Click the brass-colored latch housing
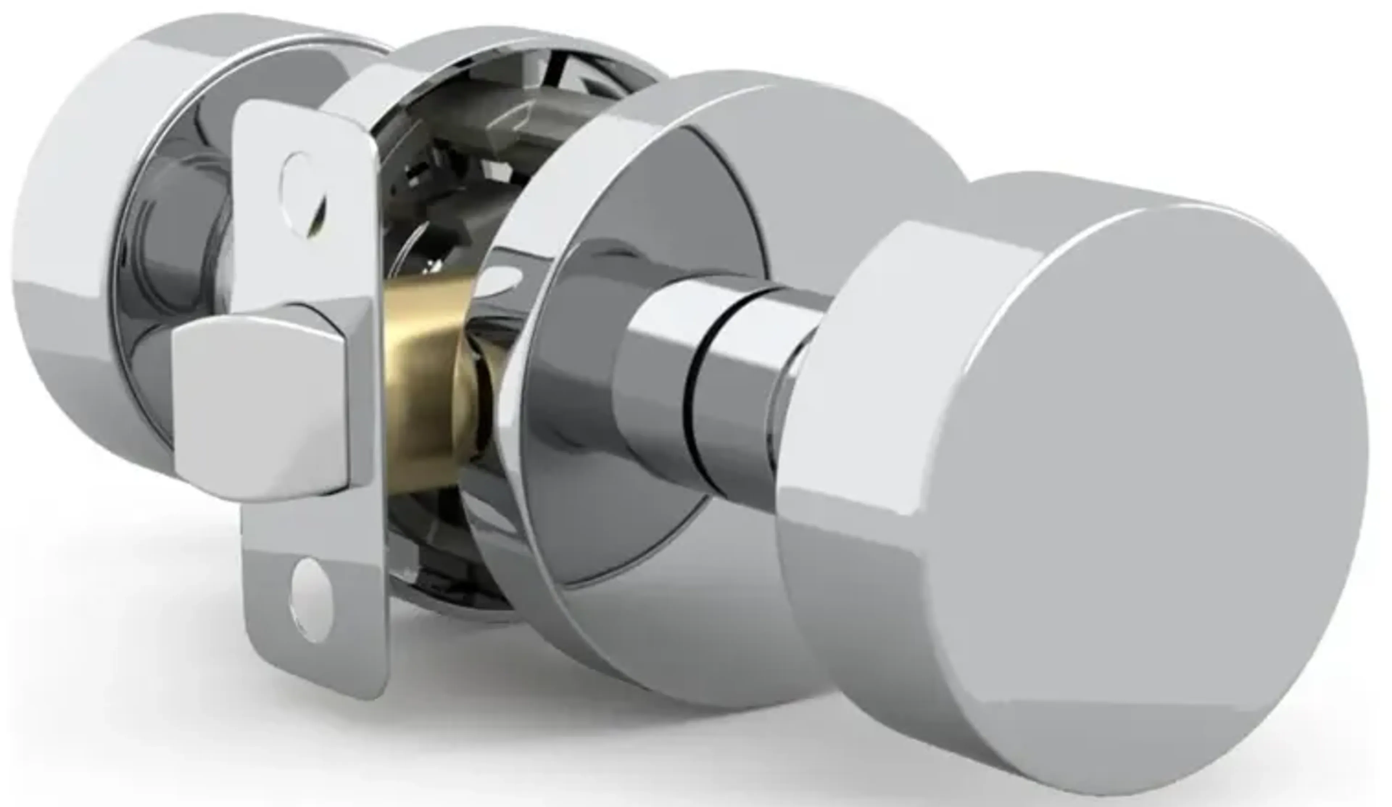point(425,381)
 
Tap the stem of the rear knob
point(182,232)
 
